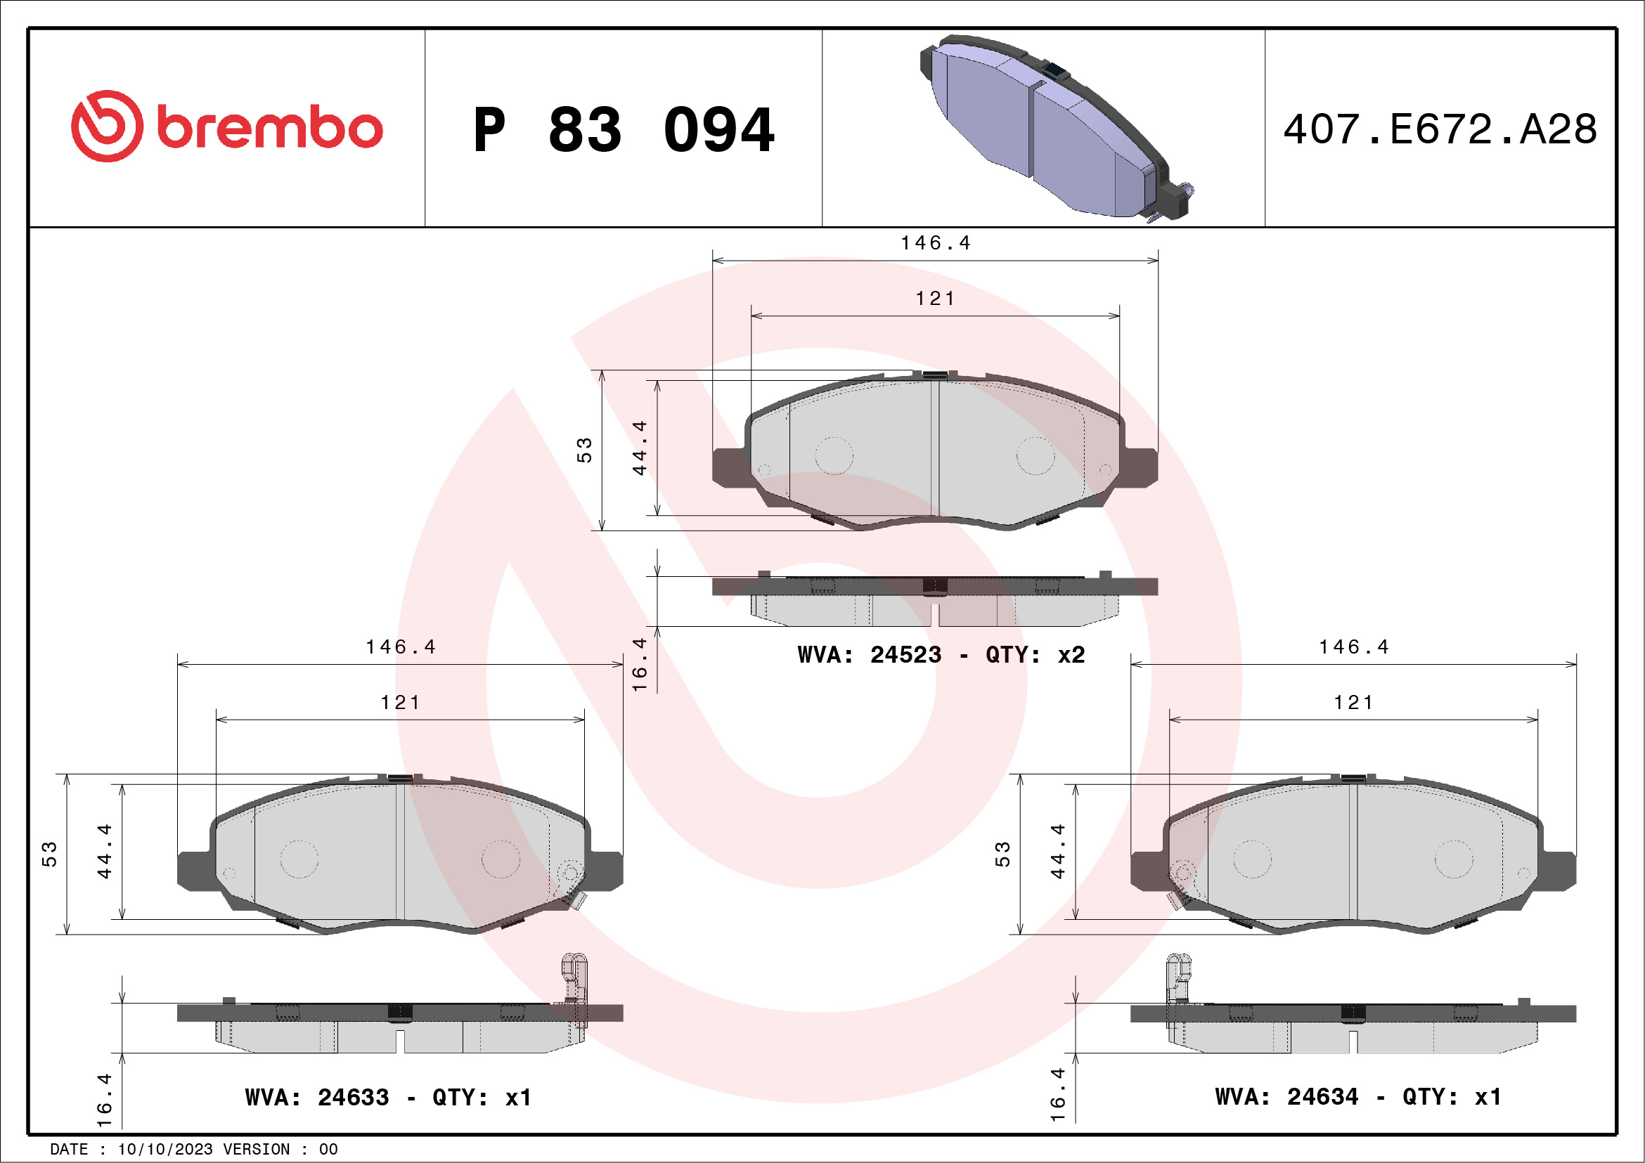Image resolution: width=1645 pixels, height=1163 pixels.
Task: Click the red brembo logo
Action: [x=226, y=126]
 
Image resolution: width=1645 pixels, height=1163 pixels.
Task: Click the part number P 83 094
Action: [x=624, y=130]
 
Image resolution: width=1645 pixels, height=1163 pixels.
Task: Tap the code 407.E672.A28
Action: [x=1440, y=129]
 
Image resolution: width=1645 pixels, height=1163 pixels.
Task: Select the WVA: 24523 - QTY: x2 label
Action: [x=941, y=654]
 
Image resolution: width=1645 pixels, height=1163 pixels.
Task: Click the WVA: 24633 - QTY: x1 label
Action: [x=387, y=1097]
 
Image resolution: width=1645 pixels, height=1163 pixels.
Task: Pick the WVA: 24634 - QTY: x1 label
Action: [x=1357, y=1096]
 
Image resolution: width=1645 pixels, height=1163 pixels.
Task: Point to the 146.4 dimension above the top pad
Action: [x=935, y=243]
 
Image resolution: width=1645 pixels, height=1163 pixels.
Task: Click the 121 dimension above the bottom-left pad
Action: [x=400, y=703]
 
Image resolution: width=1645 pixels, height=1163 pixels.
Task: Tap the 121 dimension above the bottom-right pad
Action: [x=1353, y=703]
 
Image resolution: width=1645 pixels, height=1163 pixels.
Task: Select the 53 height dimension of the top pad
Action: [x=585, y=450]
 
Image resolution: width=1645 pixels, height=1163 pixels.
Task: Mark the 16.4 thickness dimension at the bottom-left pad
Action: [x=105, y=1099]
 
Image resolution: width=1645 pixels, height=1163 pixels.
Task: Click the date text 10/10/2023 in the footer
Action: [x=164, y=1149]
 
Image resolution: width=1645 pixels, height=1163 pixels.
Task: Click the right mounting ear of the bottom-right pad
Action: [x=1558, y=871]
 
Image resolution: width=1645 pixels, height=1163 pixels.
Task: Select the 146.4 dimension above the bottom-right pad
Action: [x=1353, y=647]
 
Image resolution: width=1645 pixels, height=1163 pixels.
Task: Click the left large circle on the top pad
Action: [x=834, y=455]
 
